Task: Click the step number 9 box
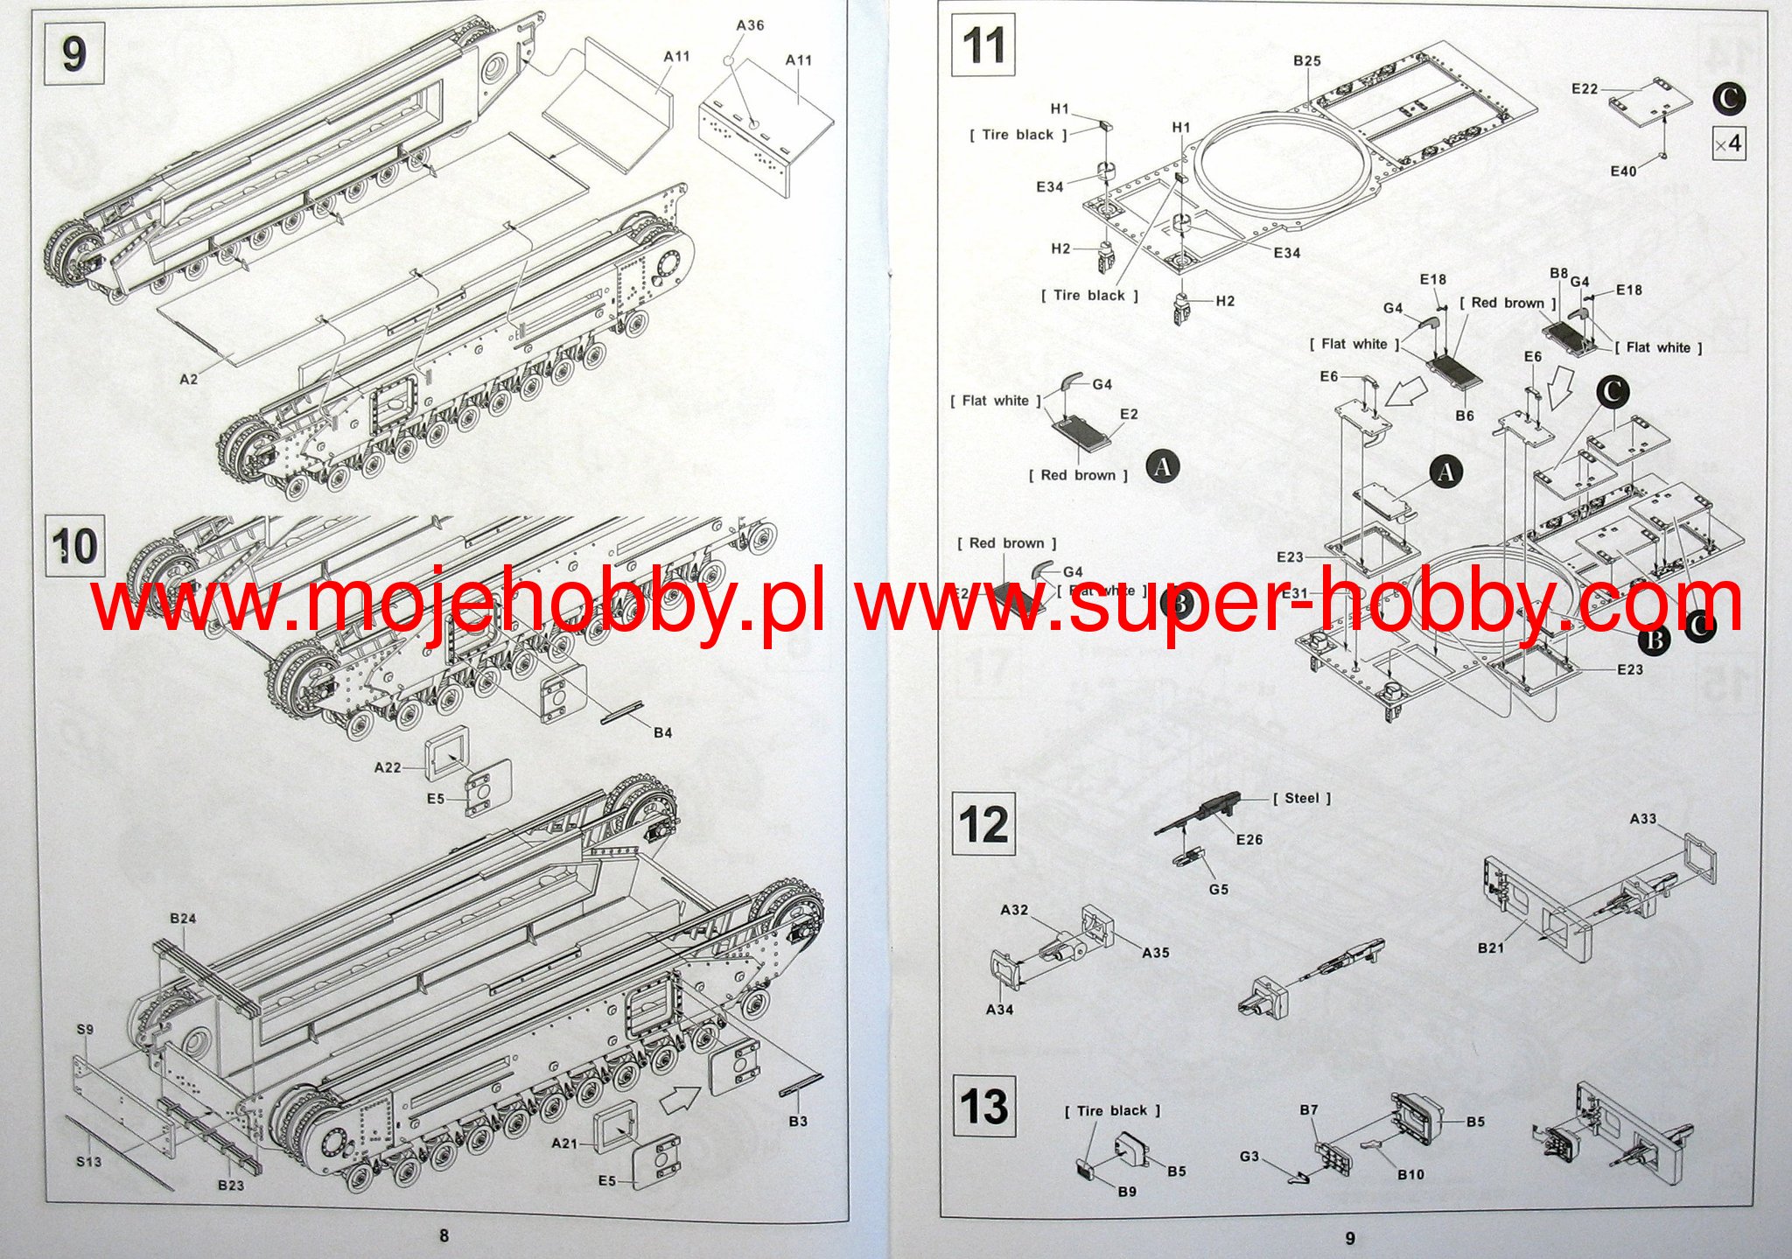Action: coord(73,53)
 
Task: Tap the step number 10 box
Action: coord(75,546)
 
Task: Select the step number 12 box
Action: coord(983,824)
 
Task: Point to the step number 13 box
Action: coord(983,1104)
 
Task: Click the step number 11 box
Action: coord(983,45)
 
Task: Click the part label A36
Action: coord(750,25)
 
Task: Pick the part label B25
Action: coord(1306,60)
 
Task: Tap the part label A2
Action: coord(189,379)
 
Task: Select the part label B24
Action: coord(183,918)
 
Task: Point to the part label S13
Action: coord(88,1162)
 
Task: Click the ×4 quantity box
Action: coord(1728,143)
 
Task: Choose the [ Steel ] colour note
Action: coord(1301,798)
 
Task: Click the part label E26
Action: coord(1249,839)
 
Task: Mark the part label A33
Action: coord(1642,819)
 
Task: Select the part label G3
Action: coord(1249,1156)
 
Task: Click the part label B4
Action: coord(662,732)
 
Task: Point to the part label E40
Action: coord(1623,171)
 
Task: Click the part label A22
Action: coord(388,767)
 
